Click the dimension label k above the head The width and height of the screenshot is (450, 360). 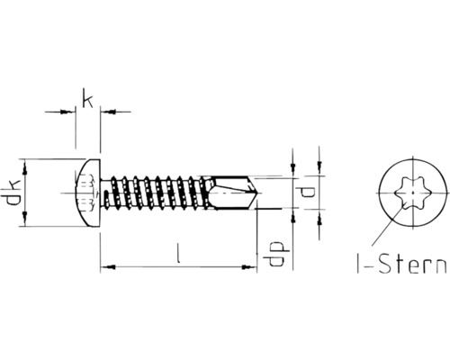tap(87, 98)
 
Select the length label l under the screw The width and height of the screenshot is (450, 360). tap(180, 255)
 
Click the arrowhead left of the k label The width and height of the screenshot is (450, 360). tap(67, 112)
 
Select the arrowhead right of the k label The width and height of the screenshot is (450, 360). tap(106, 112)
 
